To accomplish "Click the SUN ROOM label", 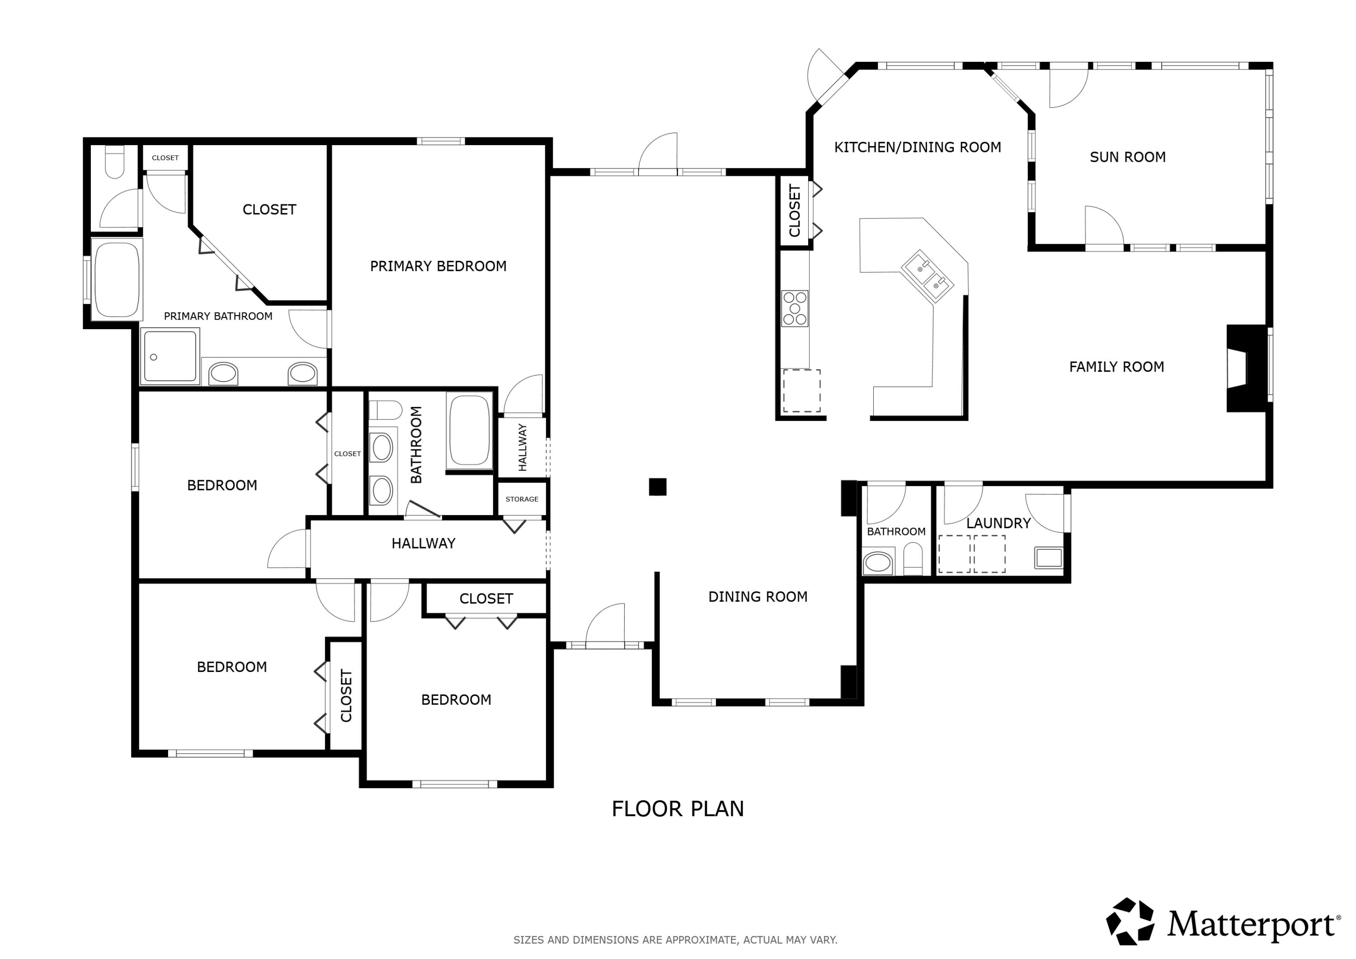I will (1127, 157).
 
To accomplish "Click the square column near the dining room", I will (657, 487).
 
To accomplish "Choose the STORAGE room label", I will (522, 499).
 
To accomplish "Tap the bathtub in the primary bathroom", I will (117, 279).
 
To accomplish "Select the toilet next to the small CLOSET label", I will (114, 162).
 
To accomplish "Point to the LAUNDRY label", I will (998, 523).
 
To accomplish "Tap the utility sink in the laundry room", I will (1048, 558).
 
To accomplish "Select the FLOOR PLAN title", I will (678, 809).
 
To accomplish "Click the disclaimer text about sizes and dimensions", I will (675, 940).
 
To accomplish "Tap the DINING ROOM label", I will (758, 597).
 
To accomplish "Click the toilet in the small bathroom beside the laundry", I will (913, 559).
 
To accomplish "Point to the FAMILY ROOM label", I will (1116, 367).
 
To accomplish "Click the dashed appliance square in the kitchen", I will (801, 391).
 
